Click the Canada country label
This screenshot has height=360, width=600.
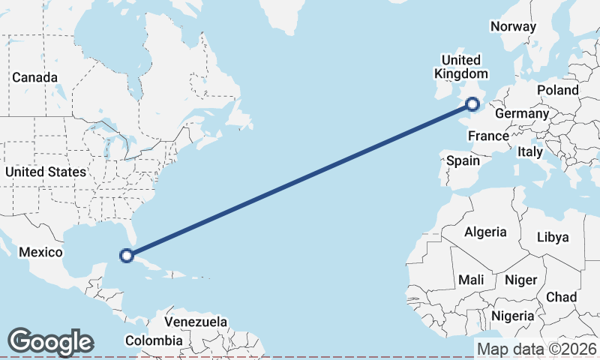(x=34, y=77)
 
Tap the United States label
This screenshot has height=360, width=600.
(x=45, y=172)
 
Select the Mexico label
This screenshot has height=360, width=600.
(x=40, y=252)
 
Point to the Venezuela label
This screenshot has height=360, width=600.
(x=196, y=322)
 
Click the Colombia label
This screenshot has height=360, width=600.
(x=154, y=340)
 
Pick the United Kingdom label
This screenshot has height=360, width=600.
(x=461, y=67)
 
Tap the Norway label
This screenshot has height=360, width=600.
(x=514, y=26)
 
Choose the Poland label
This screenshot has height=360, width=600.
(x=558, y=90)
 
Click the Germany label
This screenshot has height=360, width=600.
(x=522, y=113)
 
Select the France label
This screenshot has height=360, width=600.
(x=488, y=136)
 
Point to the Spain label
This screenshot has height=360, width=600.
(x=463, y=160)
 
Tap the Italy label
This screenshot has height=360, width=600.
(x=529, y=151)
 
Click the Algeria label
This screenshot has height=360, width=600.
(x=485, y=232)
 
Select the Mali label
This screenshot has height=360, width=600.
(x=472, y=279)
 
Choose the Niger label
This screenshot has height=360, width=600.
(x=520, y=279)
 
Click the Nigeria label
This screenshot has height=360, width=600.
(x=514, y=315)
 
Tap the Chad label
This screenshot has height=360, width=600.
(x=561, y=297)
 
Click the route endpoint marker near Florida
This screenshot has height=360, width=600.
(x=127, y=256)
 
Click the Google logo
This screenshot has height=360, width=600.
(x=50, y=341)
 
